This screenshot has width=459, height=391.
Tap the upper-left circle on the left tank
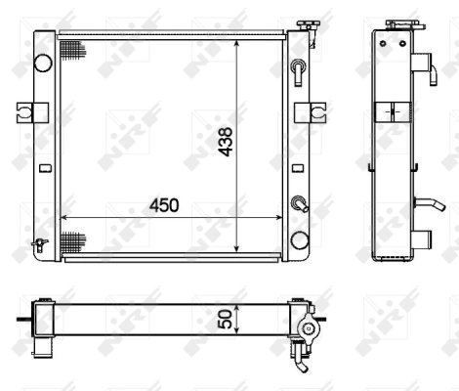coord(42,62)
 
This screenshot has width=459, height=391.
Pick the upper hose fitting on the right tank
coord(299,69)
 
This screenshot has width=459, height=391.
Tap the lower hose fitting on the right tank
coord(299,204)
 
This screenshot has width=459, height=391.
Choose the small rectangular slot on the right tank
coord(299,166)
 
